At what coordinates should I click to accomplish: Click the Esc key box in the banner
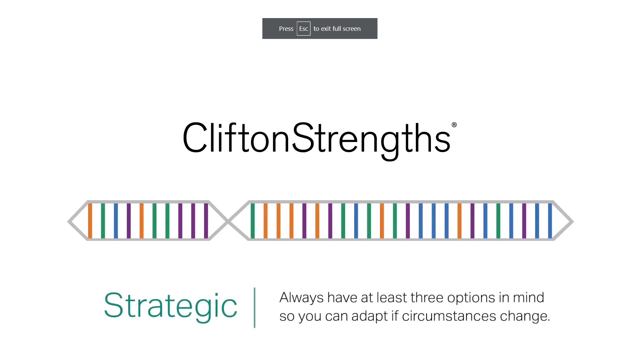pyautogui.click(x=303, y=29)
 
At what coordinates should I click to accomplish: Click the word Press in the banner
pyautogui.click(x=286, y=29)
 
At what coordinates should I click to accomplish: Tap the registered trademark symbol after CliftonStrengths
pyautogui.click(x=454, y=125)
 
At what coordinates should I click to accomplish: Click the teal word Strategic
pyautogui.click(x=170, y=305)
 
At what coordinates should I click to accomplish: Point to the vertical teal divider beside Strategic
pyautogui.click(x=255, y=307)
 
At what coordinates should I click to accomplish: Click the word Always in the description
pyautogui.click(x=301, y=297)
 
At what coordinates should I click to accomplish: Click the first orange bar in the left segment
pyautogui.click(x=90, y=221)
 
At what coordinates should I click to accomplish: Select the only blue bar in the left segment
pyautogui.click(x=116, y=221)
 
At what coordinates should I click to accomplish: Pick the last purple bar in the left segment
pyautogui.click(x=206, y=221)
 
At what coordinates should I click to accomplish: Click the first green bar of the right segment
pyautogui.click(x=253, y=221)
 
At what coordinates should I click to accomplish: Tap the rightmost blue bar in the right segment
pyautogui.click(x=550, y=221)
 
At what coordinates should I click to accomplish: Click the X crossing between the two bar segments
pyautogui.click(x=228, y=221)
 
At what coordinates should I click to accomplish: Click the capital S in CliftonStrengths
pyautogui.click(x=303, y=138)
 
